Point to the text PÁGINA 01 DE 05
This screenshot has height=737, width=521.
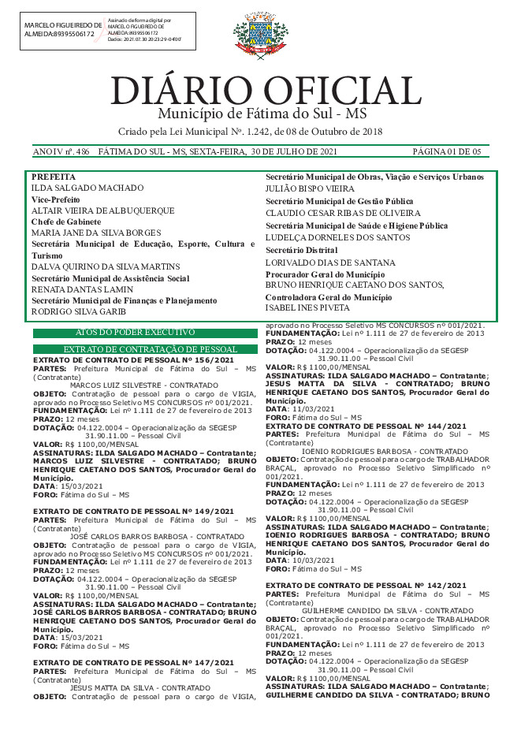(x=446, y=151)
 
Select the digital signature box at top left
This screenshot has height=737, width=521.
(x=109, y=32)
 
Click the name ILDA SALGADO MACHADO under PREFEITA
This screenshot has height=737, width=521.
(x=87, y=188)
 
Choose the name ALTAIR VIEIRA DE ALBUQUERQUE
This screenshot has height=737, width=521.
(x=102, y=211)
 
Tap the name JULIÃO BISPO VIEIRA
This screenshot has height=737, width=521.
(x=310, y=189)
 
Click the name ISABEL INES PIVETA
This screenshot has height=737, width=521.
(x=307, y=308)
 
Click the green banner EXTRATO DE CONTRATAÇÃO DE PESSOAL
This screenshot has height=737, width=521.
(x=151, y=349)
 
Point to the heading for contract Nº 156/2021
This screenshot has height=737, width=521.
(x=133, y=359)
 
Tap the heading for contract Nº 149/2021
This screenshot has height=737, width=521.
(x=133, y=512)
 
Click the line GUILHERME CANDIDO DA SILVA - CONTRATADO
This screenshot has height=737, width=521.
(x=387, y=611)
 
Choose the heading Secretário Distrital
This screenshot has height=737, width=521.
(x=301, y=250)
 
